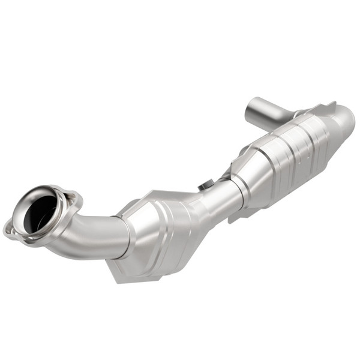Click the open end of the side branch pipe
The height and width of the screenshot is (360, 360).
pyautogui.click(x=253, y=108)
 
